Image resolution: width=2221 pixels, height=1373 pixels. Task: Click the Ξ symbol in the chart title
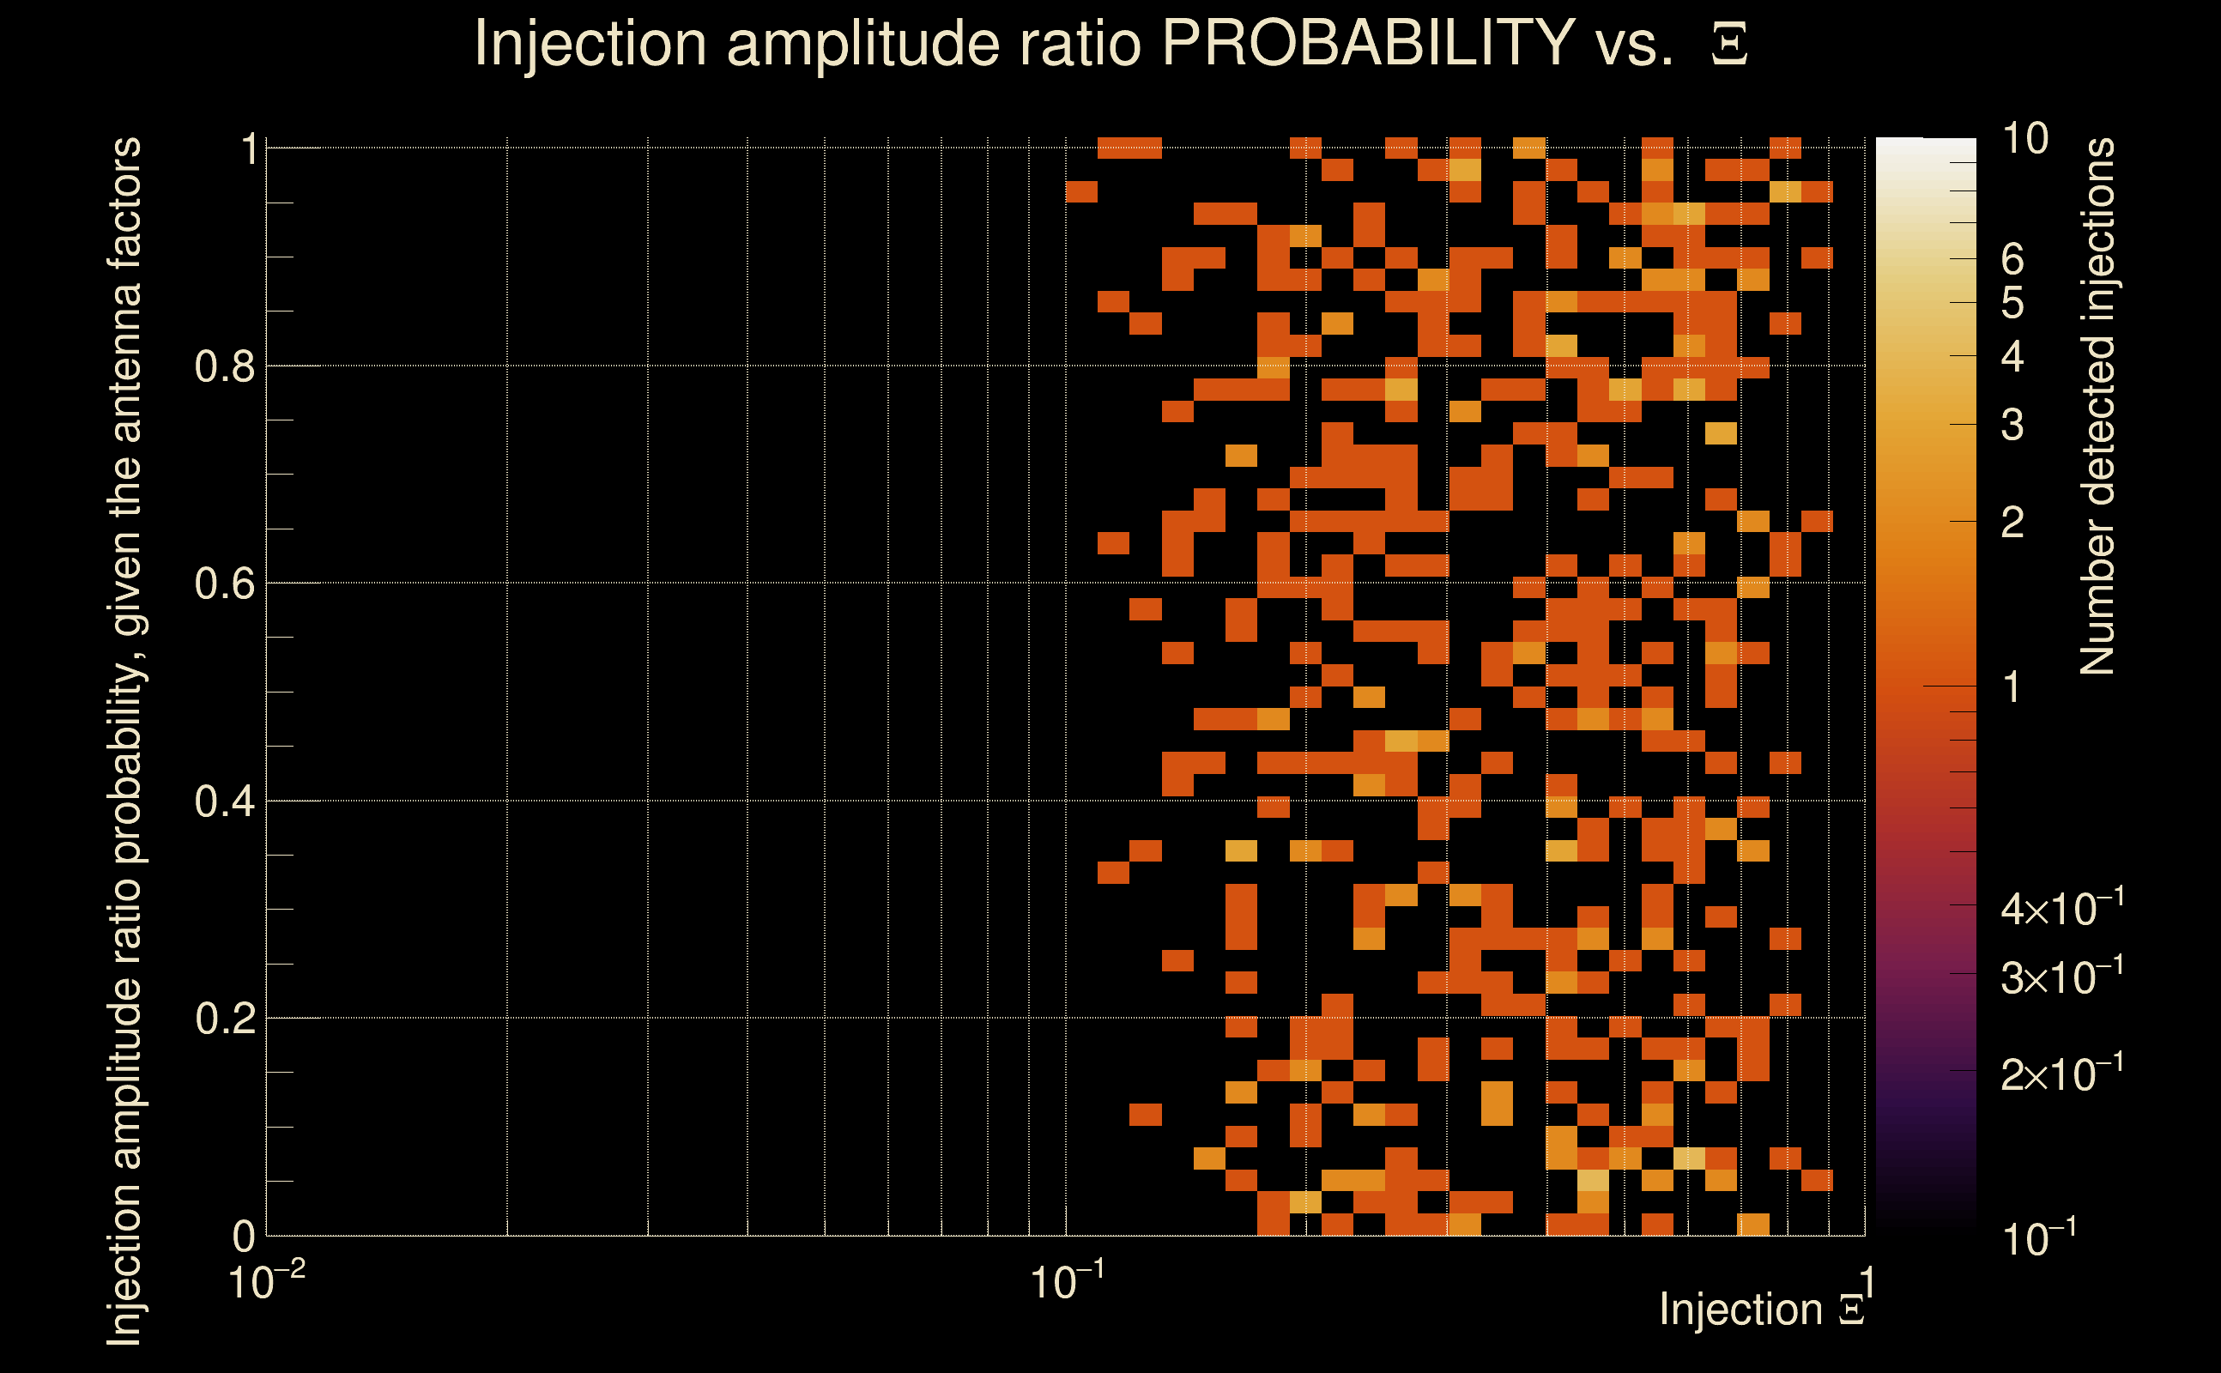click(1729, 45)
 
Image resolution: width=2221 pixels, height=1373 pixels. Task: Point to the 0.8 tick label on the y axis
click(224, 367)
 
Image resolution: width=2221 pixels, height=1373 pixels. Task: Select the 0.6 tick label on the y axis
click(224, 584)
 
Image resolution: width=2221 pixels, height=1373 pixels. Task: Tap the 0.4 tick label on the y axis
click(224, 801)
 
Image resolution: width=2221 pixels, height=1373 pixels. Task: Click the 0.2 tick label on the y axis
click(224, 1019)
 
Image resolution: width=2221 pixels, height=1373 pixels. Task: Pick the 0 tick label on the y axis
click(244, 1236)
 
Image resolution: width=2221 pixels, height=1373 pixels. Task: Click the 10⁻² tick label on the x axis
click(266, 1282)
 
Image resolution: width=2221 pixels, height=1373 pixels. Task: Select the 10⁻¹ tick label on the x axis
click(1067, 1282)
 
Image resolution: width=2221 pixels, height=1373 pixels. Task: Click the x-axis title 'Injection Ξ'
click(1761, 1310)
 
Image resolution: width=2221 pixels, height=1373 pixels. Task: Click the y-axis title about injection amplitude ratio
click(125, 741)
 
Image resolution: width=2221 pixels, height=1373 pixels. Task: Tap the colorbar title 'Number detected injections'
click(2097, 406)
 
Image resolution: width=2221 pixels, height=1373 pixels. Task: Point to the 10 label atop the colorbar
click(2024, 140)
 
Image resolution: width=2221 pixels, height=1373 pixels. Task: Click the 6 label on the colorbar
click(2012, 260)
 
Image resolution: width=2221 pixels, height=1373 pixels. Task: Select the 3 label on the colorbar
click(2012, 425)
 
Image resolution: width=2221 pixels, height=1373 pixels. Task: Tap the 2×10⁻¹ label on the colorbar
click(2062, 1074)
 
